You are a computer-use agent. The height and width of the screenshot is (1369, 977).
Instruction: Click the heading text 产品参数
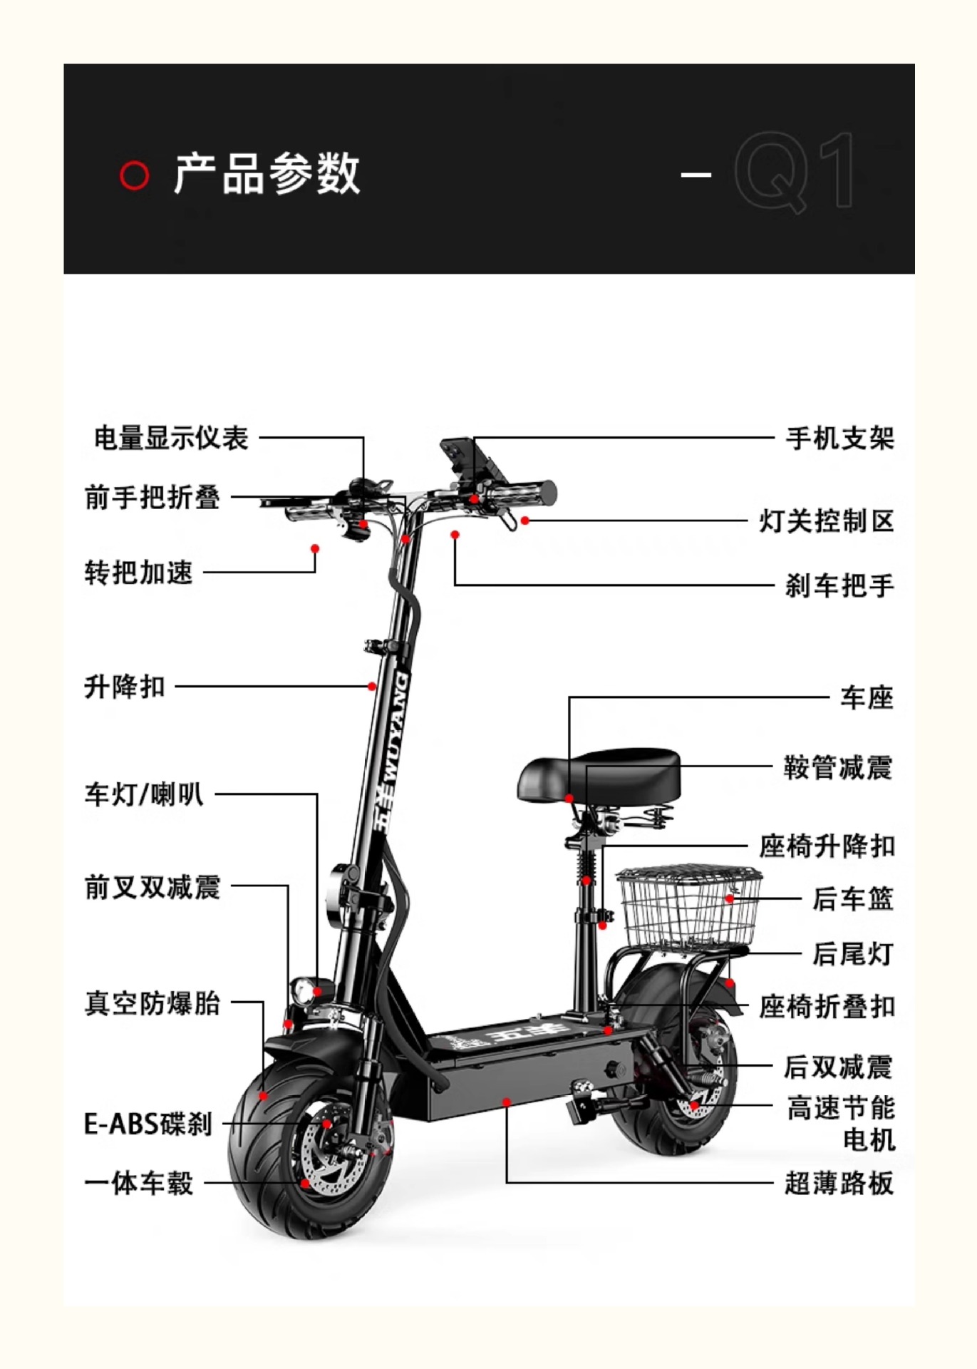[x=267, y=173]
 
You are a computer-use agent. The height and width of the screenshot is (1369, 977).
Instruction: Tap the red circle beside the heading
[x=134, y=175]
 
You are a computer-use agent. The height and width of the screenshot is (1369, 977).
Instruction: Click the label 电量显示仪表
[x=171, y=438]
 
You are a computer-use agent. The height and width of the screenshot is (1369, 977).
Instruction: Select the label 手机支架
[x=840, y=438]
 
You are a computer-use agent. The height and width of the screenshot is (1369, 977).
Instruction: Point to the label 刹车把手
[x=840, y=585]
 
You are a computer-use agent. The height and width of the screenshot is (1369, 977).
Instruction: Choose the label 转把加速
[x=139, y=572]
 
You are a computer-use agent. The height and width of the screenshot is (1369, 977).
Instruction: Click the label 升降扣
[x=125, y=687]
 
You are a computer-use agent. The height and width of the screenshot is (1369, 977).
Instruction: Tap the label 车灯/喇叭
[x=144, y=794]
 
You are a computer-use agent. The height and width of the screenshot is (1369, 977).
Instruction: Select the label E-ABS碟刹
[x=148, y=1124]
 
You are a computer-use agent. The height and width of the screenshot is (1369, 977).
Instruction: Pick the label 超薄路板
[x=839, y=1183]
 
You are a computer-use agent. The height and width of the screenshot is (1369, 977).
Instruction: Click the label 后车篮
[x=854, y=898]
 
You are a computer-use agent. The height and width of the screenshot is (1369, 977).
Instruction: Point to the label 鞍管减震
[x=839, y=768]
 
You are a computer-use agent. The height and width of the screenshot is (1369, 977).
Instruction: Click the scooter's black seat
[x=599, y=776]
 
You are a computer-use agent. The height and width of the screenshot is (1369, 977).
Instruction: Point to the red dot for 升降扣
[x=372, y=687]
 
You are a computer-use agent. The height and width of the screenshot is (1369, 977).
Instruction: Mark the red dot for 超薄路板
[x=507, y=1102]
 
